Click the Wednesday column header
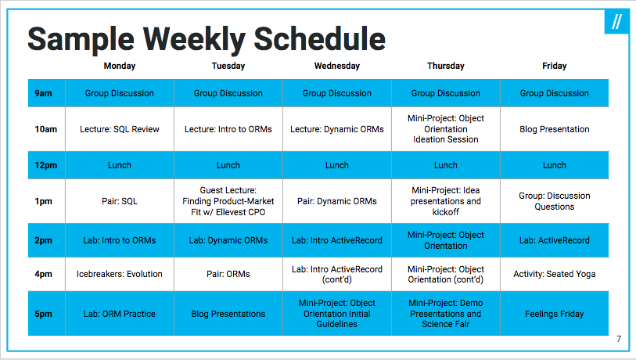tap(336, 66)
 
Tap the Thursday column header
tap(445, 66)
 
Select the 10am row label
tap(46, 129)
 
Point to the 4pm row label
tap(43, 274)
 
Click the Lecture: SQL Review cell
tap(119, 129)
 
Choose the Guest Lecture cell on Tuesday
tap(228, 201)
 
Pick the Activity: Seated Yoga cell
tap(554, 274)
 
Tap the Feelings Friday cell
tap(554, 314)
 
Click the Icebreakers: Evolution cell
tap(119, 274)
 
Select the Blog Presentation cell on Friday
tap(554, 129)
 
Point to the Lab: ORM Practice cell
tap(119, 314)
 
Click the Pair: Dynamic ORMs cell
tap(336, 201)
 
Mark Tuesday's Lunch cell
tap(228, 165)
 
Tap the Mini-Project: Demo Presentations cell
tap(445, 314)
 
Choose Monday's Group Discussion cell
tap(119, 93)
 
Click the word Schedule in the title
tap(319, 39)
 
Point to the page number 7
tap(619, 339)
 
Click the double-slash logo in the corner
tap(616, 21)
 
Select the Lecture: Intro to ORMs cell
tap(228, 129)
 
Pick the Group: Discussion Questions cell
tap(554, 201)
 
